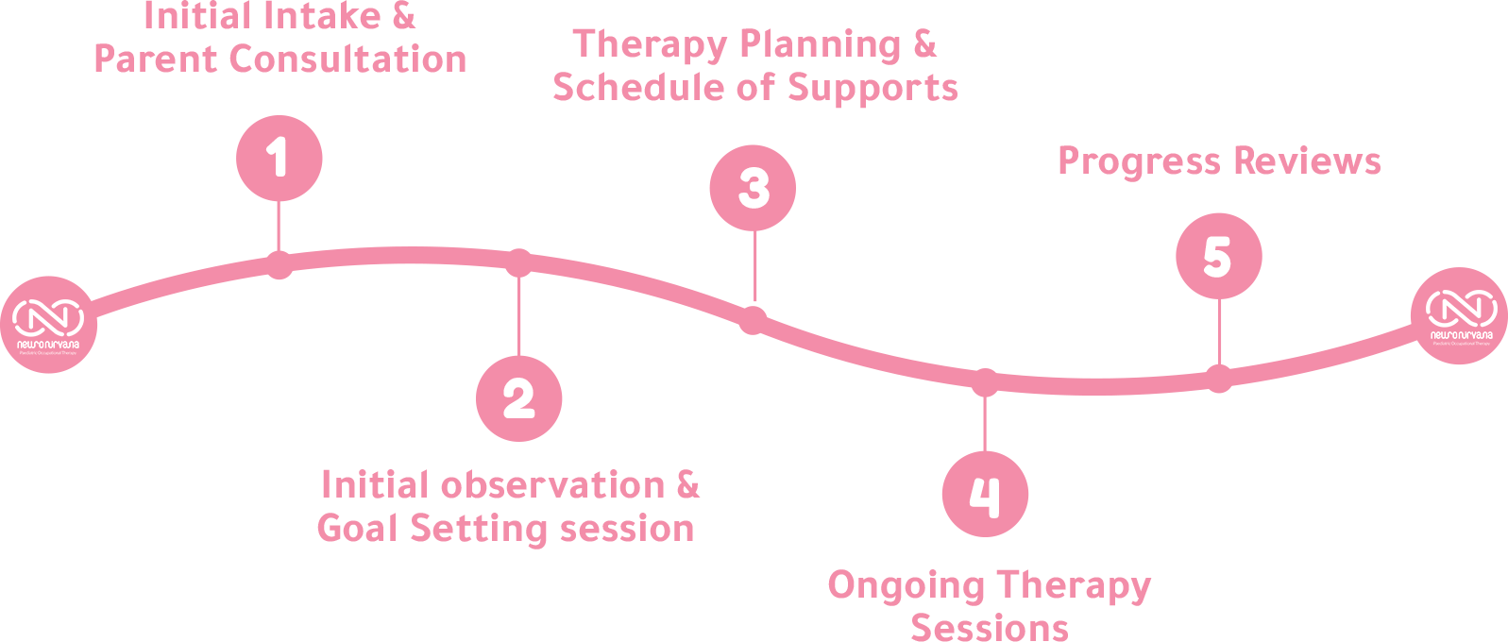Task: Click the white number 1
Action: (277, 157)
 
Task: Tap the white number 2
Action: (518, 398)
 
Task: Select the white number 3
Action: (754, 188)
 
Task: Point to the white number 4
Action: (985, 497)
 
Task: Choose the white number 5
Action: (1217, 257)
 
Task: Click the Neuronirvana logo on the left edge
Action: (48, 324)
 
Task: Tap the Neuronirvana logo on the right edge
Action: (1461, 315)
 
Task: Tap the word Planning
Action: (820, 45)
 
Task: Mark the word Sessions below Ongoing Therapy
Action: (989, 628)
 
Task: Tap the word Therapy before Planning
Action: (650, 45)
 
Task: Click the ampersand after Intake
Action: (403, 15)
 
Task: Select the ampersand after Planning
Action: (924, 43)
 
